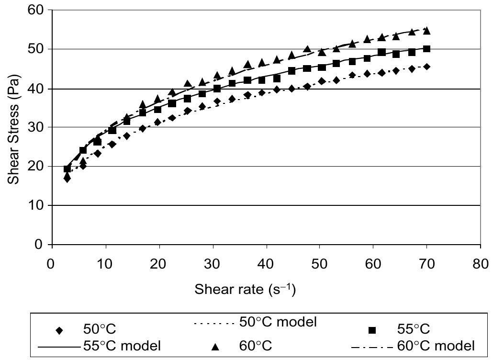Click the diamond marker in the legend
coord(60,330)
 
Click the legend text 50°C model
coord(278,322)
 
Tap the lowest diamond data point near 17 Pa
coord(67,179)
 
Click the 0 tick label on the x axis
coord(51,265)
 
